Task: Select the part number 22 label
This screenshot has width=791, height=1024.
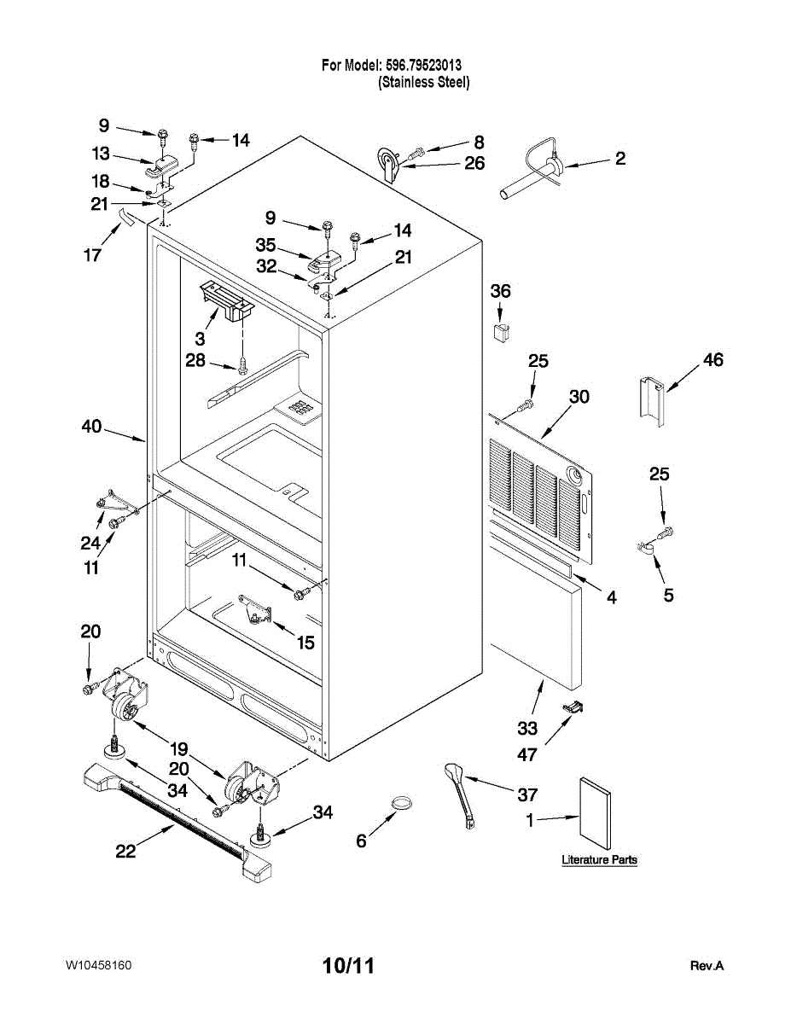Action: pos(125,852)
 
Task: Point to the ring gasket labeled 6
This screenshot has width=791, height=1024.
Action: pos(402,804)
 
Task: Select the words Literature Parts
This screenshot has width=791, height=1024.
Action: pos(599,859)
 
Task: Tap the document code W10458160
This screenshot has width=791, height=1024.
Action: pos(98,965)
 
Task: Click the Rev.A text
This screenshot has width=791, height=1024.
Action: pos(707,966)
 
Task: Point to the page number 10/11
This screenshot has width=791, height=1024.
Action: pos(348,966)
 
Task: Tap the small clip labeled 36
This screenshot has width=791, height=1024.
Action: pos(500,330)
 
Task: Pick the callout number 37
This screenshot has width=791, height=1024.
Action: pos(527,795)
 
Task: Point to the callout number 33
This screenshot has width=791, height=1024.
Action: pos(527,728)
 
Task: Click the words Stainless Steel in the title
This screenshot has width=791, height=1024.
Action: pos(424,82)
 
